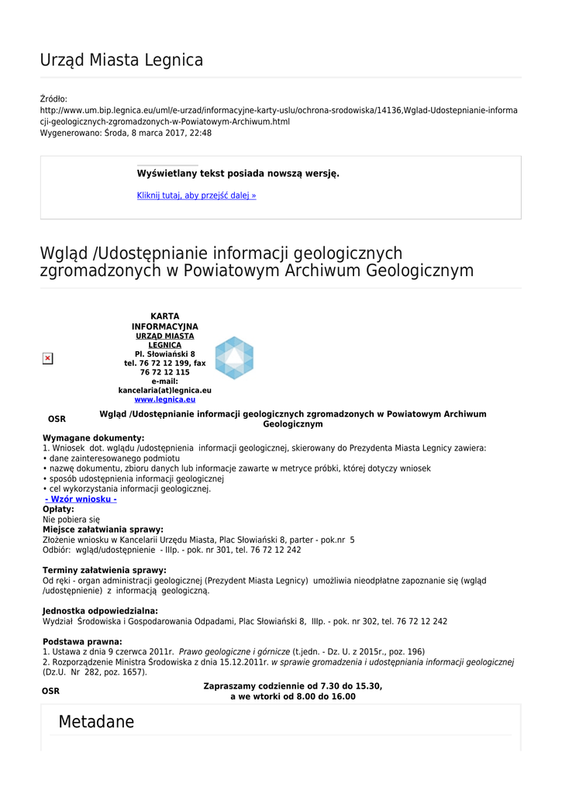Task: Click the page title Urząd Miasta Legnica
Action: (x=122, y=60)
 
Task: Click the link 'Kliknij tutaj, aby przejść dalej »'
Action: (x=196, y=195)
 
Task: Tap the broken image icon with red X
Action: (x=47, y=358)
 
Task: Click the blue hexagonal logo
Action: (x=233, y=358)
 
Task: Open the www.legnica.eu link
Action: (x=164, y=399)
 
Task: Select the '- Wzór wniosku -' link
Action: (x=81, y=499)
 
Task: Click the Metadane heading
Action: (x=96, y=723)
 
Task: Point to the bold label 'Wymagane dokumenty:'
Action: (x=93, y=438)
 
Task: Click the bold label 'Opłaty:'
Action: (x=58, y=509)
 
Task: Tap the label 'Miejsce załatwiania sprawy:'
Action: (x=102, y=530)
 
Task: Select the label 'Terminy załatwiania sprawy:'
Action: (x=104, y=571)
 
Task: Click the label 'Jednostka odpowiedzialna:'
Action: (x=100, y=611)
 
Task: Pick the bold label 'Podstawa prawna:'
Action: (x=82, y=642)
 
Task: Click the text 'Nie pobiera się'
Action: (x=71, y=520)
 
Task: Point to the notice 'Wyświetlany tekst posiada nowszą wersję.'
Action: (x=238, y=174)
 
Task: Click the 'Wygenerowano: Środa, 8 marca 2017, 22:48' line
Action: (x=126, y=133)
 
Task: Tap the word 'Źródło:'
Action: (x=53, y=99)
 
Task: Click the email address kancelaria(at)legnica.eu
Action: (x=164, y=390)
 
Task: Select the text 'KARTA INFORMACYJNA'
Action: (x=164, y=322)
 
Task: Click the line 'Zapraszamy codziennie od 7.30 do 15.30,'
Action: (x=292, y=686)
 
